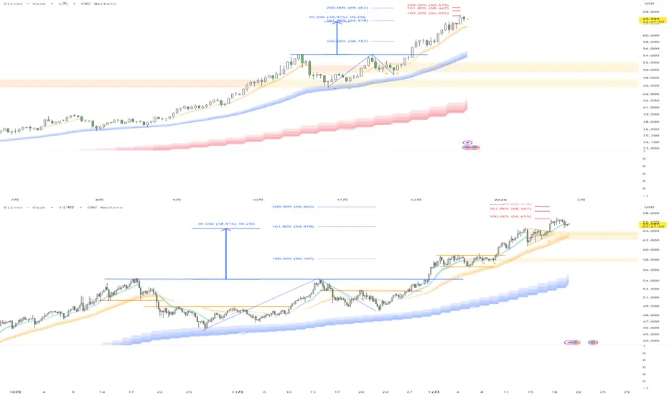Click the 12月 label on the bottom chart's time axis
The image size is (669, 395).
[x=434, y=391]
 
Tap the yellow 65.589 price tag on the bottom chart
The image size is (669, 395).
[x=650, y=224]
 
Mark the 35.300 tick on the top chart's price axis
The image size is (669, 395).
[x=650, y=135]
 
